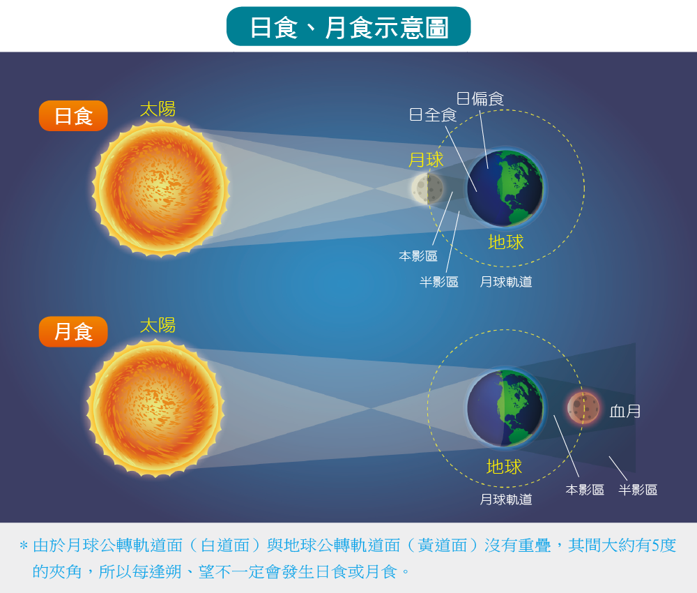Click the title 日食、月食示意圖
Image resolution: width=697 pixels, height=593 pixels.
click(349, 27)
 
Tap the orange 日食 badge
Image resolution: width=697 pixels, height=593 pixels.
click(73, 116)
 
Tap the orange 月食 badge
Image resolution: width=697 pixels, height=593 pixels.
click(73, 331)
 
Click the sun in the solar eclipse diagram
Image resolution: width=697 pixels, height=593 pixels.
click(161, 188)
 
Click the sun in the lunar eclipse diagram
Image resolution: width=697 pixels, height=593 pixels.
click(155, 408)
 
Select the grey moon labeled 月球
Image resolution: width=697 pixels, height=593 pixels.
click(428, 188)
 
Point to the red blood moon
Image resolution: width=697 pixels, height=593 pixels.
click(583, 407)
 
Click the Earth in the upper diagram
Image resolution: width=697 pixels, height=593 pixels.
click(505, 188)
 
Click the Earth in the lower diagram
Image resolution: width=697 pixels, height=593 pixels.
click(505, 408)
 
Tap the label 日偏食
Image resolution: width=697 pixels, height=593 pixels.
click(480, 98)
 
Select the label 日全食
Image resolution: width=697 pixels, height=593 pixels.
click(433, 115)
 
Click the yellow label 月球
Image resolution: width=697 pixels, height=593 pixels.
click(426, 160)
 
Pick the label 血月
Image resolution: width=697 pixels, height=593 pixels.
click(625, 411)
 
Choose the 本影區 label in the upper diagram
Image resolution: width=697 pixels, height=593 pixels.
click(418, 256)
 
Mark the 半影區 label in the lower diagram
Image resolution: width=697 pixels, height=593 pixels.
click(638, 490)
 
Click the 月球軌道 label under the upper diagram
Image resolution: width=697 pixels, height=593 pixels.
click(506, 282)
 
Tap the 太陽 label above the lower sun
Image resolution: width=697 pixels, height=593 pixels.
click(158, 325)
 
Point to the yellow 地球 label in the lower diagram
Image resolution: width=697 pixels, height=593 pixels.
click(504, 467)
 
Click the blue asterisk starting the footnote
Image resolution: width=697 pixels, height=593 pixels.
click(24, 546)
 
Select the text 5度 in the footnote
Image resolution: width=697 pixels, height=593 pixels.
click(664, 546)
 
